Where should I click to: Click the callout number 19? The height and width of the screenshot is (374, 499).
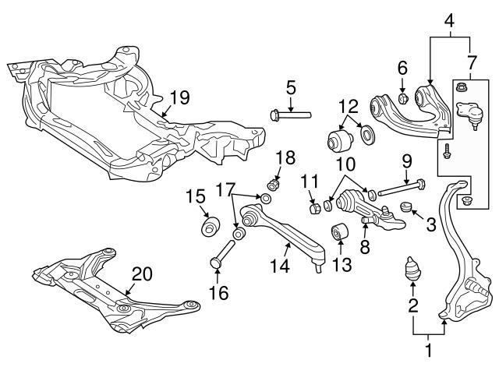coord(179,97)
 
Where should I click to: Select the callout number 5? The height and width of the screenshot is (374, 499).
coord(290,89)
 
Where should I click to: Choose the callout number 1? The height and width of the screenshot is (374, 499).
coord(428,351)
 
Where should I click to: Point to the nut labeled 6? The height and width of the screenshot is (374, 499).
coord(403,99)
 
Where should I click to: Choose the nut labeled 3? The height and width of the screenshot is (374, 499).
coord(405,207)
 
